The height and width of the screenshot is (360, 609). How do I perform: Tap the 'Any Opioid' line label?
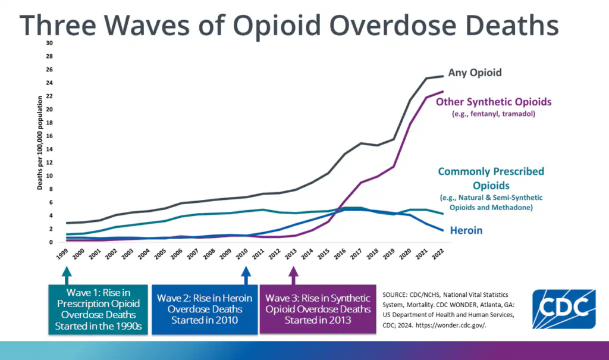(475, 73)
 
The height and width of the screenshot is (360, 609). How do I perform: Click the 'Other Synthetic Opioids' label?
(494, 102)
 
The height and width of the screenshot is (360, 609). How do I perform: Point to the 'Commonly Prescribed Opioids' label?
(491, 178)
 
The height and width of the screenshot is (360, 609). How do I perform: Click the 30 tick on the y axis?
(50, 43)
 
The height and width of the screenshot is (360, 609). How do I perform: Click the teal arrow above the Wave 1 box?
(66, 275)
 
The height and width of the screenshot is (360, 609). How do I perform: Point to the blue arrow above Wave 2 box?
(246, 275)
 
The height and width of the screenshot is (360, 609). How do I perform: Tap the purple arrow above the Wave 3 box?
(293, 275)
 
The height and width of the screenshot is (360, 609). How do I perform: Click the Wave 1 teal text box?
(98, 309)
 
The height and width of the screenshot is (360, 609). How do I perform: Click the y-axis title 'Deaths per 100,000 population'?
(40, 143)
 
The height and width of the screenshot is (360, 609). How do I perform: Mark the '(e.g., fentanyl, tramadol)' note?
(494, 113)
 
